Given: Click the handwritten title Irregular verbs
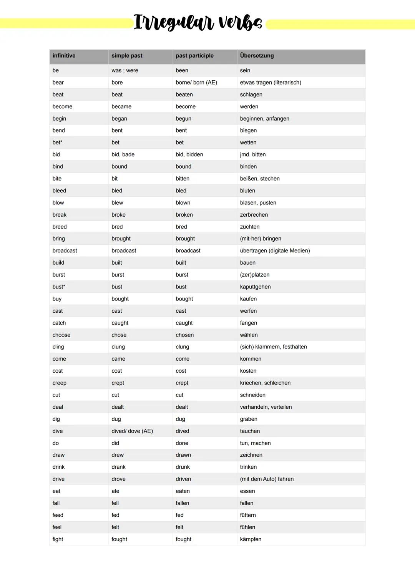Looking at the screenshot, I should click(x=198, y=22).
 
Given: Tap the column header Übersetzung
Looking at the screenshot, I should click(x=257, y=56).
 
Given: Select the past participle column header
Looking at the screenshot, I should click(x=194, y=56).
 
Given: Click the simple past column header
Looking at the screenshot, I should click(x=127, y=56).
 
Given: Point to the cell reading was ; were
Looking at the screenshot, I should click(x=125, y=71).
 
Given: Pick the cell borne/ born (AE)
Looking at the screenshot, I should click(x=196, y=83).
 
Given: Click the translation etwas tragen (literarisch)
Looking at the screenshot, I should click(x=271, y=83).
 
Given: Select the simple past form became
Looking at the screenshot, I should click(x=121, y=107).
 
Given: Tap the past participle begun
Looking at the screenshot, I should click(x=183, y=119).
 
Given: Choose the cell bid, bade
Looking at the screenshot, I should click(x=123, y=155).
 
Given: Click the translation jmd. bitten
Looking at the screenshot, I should click(x=253, y=155).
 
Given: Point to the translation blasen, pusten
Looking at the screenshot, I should click(x=258, y=203).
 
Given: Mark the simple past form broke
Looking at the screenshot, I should click(x=118, y=215).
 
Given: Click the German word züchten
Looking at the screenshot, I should click(x=250, y=227).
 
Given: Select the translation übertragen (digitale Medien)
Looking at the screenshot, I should click(x=275, y=251).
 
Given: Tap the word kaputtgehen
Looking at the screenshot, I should click(x=255, y=287).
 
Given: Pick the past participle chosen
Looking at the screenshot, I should click(x=184, y=335).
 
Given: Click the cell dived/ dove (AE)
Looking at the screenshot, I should click(x=132, y=431).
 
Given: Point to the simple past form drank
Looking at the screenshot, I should click(x=118, y=467).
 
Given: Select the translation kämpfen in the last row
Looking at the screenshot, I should click(x=251, y=539).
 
